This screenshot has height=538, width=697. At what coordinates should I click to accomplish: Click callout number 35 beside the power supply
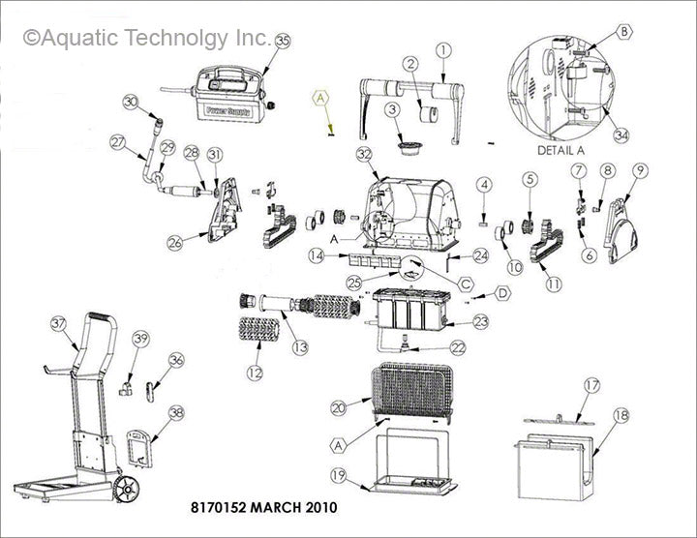pyautogui.click(x=283, y=41)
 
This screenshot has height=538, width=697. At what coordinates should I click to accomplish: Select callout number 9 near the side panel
pyautogui.click(x=640, y=170)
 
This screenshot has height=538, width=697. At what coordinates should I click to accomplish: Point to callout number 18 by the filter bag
pyautogui.click(x=621, y=413)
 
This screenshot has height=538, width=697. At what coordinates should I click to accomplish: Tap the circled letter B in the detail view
pyautogui.click(x=624, y=32)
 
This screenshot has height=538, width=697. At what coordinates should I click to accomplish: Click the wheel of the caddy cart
pyautogui.click(x=123, y=491)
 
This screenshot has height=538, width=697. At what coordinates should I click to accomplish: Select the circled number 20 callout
pyautogui.click(x=338, y=408)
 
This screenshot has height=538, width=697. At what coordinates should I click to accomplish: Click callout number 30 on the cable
pyautogui.click(x=132, y=102)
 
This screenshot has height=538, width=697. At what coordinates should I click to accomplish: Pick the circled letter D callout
pyautogui.click(x=503, y=292)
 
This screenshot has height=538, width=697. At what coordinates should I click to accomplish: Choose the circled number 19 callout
pyautogui.click(x=338, y=475)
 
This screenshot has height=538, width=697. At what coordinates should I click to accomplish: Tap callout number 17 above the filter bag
pyautogui.click(x=592, y=386)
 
